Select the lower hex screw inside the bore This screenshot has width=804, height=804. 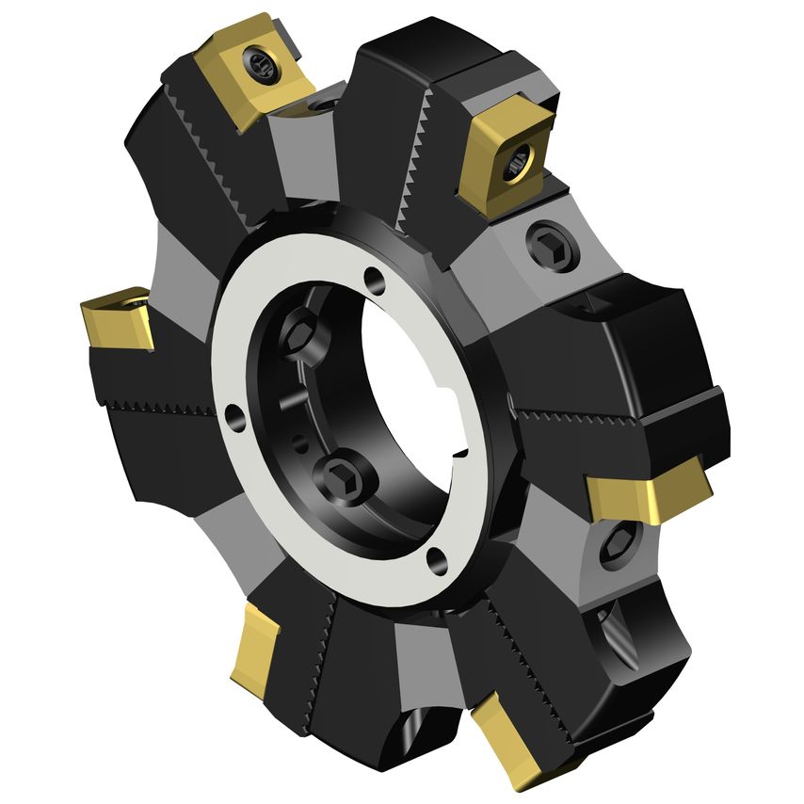pyautogui.click(x=341, y=476)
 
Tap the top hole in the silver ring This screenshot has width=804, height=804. pyautogui.click(x=375, y=279)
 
